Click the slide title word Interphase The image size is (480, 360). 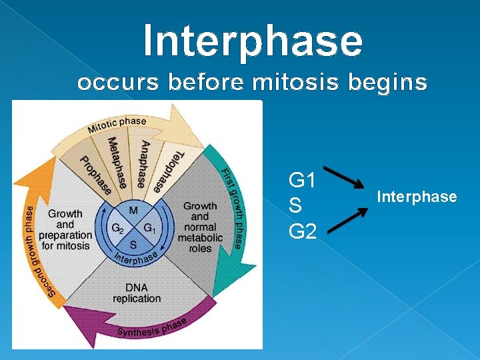(x=253, y=40)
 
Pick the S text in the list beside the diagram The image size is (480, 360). (x=294, y=206)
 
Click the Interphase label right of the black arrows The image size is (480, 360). (x=417, y=197)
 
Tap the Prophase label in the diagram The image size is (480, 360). (x=95, y=175)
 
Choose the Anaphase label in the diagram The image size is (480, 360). (x=143, y=164)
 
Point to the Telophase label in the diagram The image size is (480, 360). (x=167, y=172)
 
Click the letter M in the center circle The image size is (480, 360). (x=133, y=211)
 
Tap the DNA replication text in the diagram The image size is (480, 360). (x=137, y=292)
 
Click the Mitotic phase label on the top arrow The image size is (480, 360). (x=117, y=125)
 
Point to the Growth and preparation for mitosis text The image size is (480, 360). (x=65, y=229)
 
